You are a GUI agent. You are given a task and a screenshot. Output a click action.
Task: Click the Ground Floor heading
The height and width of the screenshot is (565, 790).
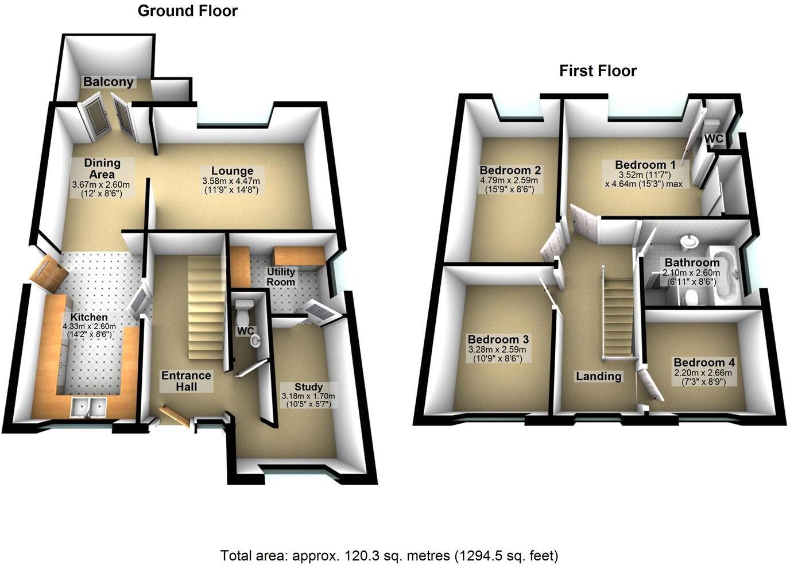click(x=187, y=11)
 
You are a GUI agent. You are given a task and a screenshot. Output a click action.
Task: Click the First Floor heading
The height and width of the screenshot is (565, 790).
click(x=598, y=71)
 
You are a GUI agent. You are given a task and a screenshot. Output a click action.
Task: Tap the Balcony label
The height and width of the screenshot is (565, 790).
click(x=109, y=82)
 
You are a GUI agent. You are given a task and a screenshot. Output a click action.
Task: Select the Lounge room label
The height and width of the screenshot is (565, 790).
click(x=232, y=171)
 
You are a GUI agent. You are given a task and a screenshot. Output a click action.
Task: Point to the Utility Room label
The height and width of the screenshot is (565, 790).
click(x=281, y=276)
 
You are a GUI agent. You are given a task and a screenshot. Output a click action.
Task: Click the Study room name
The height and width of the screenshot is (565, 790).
click(x=308, y=387)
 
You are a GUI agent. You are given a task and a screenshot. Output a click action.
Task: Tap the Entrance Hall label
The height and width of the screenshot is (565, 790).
click(x=186, y=381)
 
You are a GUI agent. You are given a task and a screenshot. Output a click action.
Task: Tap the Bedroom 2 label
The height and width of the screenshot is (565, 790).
click(x=510, y=170)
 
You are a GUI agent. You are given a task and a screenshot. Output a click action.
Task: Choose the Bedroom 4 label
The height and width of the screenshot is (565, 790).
click(x=704, y=362)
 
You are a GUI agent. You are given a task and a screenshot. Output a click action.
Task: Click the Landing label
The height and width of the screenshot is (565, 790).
click(x=599, y=376)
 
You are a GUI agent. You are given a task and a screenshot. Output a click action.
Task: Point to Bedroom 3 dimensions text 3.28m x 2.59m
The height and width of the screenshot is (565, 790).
click(x=497, y=349)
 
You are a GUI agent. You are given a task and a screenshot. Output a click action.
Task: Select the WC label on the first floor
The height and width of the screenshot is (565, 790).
click(x=714, y=138)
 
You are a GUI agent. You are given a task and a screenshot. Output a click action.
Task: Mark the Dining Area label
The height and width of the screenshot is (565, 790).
click(x=102, y=168)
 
